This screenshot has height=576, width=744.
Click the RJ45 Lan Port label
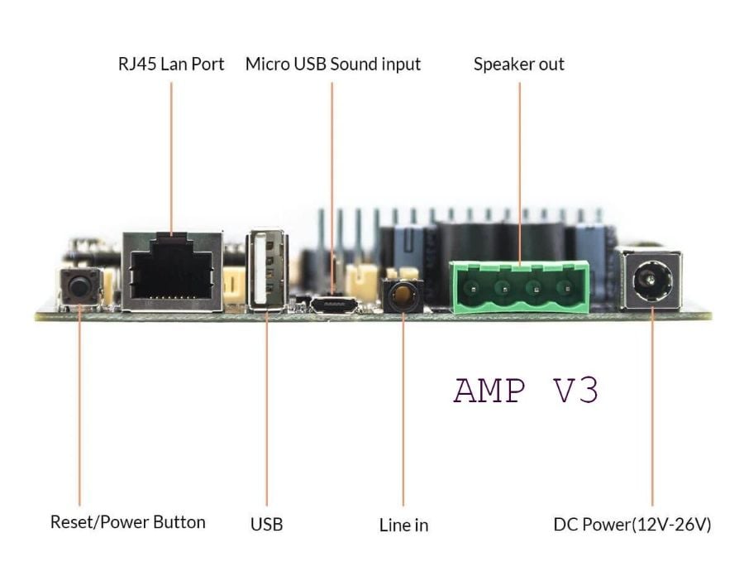[171, 64]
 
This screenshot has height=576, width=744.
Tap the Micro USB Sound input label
[333, 64]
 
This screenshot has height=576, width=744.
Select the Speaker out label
[519, 64]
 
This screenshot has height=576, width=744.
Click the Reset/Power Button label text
[128, 521]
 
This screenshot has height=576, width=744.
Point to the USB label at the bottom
[266, 524]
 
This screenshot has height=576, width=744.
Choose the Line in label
[403, 524]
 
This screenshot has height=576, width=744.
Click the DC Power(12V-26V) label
[632, 524]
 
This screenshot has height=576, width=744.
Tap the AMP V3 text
[526, 390]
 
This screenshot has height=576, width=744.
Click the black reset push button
[79, 287]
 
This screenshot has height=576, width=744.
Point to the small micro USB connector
[334, 306]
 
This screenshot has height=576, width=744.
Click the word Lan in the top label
[171, 64]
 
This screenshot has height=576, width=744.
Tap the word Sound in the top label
[353, 64]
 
